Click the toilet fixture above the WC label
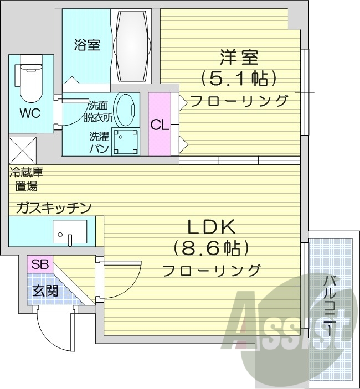point(32,77)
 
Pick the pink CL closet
point(160,125)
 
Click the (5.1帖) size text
point(239,79)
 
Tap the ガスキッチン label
point(53,208)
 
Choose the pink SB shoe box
point(39,264)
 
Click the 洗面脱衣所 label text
point(99,111)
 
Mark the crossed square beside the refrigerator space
point(23,149)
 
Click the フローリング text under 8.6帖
point(211,271)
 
